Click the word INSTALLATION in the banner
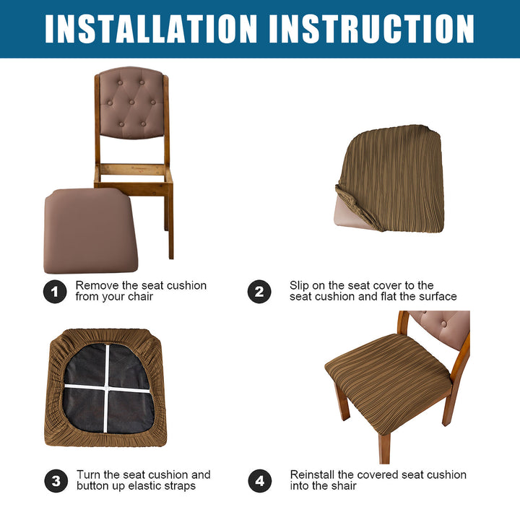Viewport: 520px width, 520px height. pos(151,28)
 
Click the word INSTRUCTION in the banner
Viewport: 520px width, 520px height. pos(372,28)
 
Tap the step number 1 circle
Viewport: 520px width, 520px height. pos(55,292)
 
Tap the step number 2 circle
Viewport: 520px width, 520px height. pos(259,292)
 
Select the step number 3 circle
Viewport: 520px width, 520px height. pos(56,480)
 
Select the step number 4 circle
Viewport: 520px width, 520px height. pos(260,480)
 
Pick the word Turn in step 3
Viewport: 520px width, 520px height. pos(89,474)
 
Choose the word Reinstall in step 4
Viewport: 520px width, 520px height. pos(313,474)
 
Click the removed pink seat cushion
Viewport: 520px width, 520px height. pos(91,231)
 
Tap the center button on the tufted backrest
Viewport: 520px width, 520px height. pos(131,102)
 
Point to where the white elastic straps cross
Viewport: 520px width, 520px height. pos(106,387)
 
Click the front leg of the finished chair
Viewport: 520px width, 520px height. pos(385,448)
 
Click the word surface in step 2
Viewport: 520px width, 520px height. pos(438,296)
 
